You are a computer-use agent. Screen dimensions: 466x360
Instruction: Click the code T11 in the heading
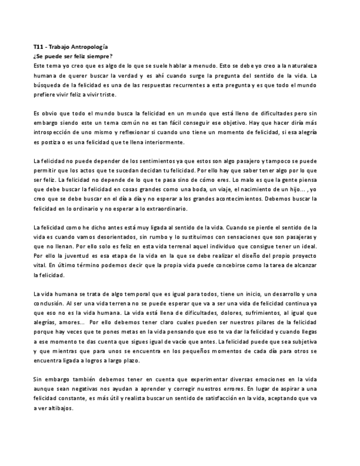[x=38, y=48]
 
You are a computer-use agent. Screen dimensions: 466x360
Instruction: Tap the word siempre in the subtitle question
[x=101, y=57]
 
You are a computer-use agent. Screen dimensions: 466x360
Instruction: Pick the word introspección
[x=56, y=134]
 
